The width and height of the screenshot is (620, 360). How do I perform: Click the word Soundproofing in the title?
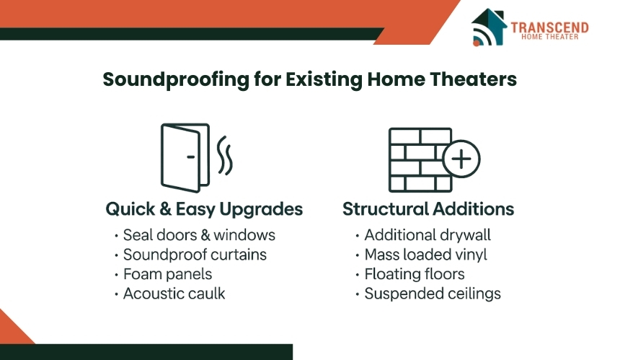click(x=176, y=80)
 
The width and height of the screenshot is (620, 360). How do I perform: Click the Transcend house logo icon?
click(x=489, y=27)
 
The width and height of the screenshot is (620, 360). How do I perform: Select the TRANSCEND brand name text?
click(x=549, y=27)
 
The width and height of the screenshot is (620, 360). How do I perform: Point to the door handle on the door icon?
click(x=190, y=157)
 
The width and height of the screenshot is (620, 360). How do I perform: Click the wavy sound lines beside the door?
click(x=225, y=156)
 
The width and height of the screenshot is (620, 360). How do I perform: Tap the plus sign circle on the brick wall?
click(x=461, y=159)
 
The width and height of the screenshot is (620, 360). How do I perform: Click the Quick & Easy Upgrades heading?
click(x=204, y=209)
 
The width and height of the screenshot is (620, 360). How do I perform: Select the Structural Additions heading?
click(x=428, y=208)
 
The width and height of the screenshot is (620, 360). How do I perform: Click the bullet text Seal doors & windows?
click(x=199, y=235)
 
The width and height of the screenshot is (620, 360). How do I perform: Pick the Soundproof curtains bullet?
click(x=195, y=255)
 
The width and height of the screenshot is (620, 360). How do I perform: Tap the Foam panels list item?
click(x=168, y=274)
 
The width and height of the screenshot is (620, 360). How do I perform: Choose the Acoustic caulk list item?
click(x=174, y=294)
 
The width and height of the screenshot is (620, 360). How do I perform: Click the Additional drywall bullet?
click(x=428, y=235)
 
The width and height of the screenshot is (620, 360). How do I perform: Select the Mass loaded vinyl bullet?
click(x=425, y=255)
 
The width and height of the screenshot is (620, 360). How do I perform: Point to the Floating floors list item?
click(x=415, y=274)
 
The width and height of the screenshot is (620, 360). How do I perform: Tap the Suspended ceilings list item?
click(x=433, y=294)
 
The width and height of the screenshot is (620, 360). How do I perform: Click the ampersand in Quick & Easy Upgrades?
click(x=165, y=209)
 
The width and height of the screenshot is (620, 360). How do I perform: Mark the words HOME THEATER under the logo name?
click(x=549, y=37)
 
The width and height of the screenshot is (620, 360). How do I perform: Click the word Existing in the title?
click(x=324, y=79)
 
